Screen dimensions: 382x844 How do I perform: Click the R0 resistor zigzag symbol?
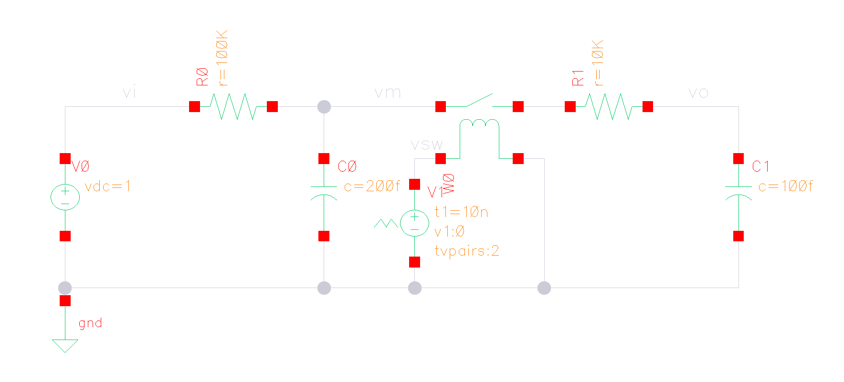233,106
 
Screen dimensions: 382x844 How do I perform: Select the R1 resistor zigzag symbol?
609,106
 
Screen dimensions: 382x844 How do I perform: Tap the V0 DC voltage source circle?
65,197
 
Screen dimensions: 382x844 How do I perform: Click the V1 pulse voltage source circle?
414,223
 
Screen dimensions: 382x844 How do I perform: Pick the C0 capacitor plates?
324,191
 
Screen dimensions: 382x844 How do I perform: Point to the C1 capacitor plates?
738,191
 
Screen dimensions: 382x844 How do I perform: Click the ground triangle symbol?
65,345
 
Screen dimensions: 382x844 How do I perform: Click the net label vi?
129,92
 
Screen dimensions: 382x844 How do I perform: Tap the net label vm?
387,93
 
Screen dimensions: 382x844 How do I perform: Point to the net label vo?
698,93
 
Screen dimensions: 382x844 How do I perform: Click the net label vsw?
426,145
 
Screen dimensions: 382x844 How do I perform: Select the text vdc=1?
107,186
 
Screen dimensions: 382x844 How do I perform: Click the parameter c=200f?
372,186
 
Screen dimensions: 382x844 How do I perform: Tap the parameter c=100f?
785,186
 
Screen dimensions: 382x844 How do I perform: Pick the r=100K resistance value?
222,58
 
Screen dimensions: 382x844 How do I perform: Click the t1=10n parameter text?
461,212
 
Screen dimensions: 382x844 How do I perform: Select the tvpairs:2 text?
467,251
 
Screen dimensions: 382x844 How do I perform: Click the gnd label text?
90,323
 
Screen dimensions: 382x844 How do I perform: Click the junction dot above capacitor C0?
324,107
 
